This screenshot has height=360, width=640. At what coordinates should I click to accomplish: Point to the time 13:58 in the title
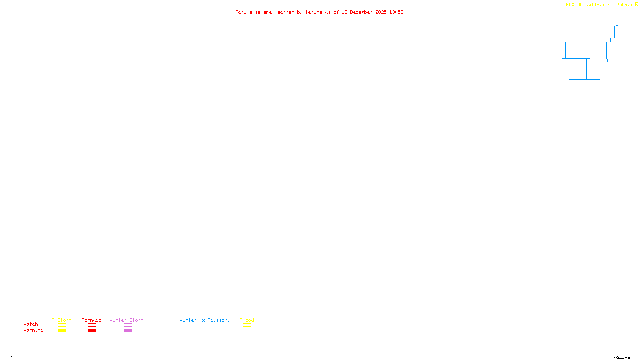click(396, 12)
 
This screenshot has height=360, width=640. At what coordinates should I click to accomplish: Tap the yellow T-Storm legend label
click(62, 320)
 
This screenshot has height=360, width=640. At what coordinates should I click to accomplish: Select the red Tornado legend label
click(92, 320)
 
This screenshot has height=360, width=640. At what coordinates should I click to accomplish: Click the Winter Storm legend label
click(126, 320)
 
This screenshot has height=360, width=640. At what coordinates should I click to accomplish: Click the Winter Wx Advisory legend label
click(205, 320)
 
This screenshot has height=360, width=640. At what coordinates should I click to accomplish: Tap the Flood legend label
click(247, 320)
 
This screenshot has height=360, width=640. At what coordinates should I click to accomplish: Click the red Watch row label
click(31, 324)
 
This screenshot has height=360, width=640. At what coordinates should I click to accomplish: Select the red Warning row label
click(33, 330)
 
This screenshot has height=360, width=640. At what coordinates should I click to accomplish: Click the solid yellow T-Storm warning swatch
click(62, 331)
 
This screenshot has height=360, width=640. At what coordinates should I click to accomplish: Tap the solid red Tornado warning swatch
click(92, 331)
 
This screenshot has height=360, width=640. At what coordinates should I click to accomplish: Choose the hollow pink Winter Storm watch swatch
click(128, 325)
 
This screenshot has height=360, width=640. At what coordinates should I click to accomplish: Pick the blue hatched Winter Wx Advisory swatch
click(204, 331)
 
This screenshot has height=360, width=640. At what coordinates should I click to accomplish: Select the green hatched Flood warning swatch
click(247, 331)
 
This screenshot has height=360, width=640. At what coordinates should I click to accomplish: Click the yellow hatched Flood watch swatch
click(247, 325)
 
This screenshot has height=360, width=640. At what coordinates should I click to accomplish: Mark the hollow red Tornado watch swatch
click(92, 325)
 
